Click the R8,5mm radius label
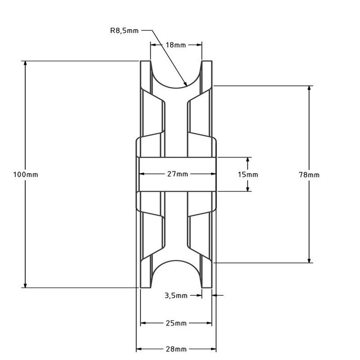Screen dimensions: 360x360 coord(123,30)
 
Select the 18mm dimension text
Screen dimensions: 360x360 coord(176,45)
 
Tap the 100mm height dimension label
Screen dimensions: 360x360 coord(25,174)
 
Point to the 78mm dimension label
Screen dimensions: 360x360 coord(309,174)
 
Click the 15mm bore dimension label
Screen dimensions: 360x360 coord(248,174)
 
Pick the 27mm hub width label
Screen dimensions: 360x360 coord(176,174)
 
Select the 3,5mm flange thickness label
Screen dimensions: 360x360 coord(176,295)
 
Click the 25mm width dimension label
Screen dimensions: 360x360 coord(176,323)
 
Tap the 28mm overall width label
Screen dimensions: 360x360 coord(176,349)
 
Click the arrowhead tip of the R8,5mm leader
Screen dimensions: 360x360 coord(186,84)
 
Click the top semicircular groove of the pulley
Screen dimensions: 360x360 coord(176,77)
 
